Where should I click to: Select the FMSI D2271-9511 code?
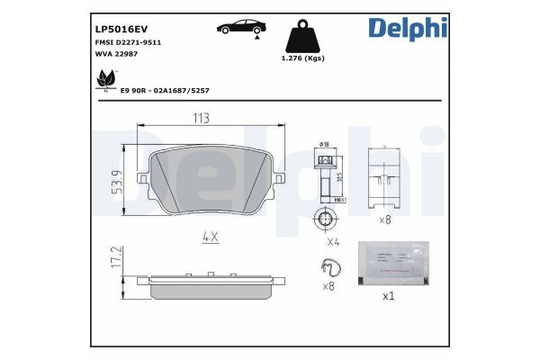click(x=129, y=42)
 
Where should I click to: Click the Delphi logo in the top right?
click(x=406, y=29)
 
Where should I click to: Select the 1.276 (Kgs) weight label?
click(x=302, y=59)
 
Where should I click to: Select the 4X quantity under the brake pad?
click(x=209, y=239)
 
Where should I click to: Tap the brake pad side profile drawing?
click(x=209, y=285)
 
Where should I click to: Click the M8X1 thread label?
click(x=340, y=199)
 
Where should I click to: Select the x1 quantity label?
click(x=389, y=296)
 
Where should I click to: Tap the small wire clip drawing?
click(x=329, y=267)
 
